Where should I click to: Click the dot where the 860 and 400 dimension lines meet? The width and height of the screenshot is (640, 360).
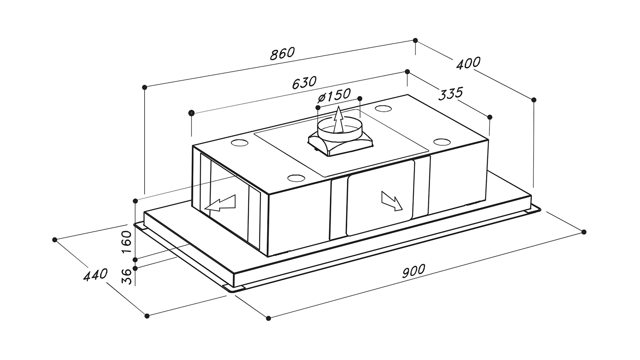coord(416,40)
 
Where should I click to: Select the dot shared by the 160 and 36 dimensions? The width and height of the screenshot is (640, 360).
coord(135,259)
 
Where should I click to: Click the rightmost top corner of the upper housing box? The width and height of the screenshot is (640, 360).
coord(488,140)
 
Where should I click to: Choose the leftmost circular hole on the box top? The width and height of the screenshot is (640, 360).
coord(239,142)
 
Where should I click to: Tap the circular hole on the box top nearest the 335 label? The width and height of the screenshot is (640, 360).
coord(383,109)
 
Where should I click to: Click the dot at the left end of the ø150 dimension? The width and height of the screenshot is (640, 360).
coord(318,107)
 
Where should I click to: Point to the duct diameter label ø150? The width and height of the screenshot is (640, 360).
coord(334,96)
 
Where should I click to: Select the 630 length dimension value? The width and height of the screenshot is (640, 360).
coord(305,83)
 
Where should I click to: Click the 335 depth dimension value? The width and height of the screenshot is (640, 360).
coord(450,94)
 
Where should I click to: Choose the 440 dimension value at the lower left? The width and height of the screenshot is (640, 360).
coord(96,275)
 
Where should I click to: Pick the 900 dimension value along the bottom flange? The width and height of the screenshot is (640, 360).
coord(414,271)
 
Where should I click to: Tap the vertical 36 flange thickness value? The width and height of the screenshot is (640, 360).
coord(127,276)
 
